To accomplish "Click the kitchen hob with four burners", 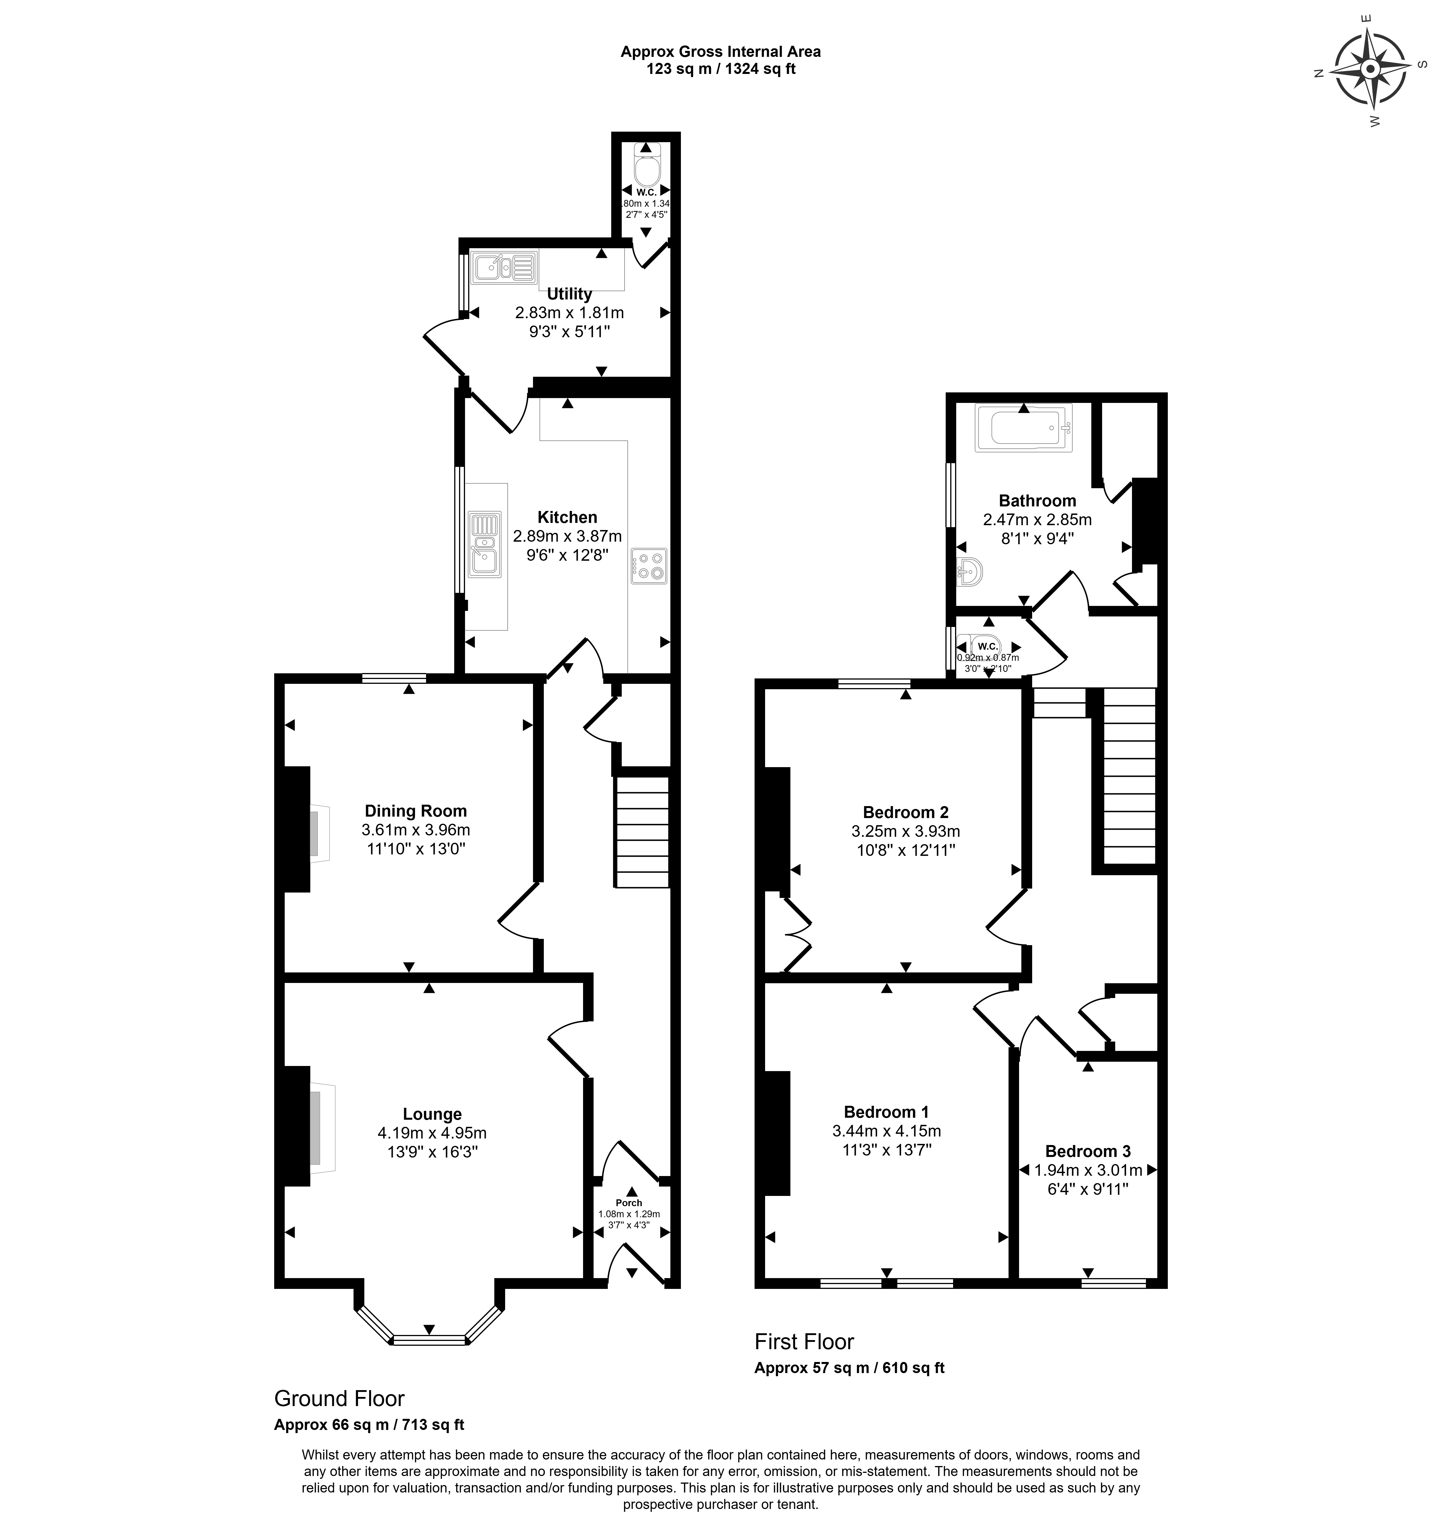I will pos(648,566).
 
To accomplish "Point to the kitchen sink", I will pos(484,545).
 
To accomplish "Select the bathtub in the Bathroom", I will pos(1023,428).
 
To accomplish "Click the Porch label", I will pos(629,1202).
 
